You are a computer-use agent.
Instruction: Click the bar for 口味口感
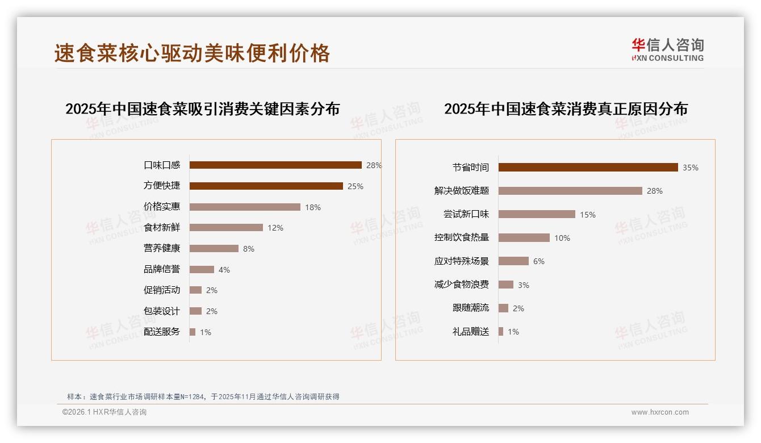tap(275, 165)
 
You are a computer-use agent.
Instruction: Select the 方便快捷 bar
tap(266, 186)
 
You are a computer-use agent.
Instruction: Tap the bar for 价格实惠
tap(245, 207)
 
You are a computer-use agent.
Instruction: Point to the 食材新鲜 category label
tap(162, 228)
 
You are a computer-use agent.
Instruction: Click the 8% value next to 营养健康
tap(249, 249)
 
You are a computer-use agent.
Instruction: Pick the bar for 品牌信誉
tap(202, 270)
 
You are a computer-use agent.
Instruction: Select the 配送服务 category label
tap(162, 332)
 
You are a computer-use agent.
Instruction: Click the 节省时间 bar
tap(588, 168)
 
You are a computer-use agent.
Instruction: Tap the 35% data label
tap(691, 168)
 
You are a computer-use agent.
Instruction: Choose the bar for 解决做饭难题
tap(570, 191)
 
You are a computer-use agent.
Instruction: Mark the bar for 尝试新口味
tap(537, 214)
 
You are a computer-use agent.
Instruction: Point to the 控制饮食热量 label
tap(462, 238)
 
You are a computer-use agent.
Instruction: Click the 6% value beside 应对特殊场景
tap(539, 261)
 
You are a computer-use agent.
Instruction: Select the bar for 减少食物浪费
tap(506, 285)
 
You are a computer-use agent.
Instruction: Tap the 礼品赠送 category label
tap(471, 332)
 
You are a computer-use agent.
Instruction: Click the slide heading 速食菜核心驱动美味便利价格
tap(192, 53)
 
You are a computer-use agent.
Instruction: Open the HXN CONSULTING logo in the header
tap(667, 50)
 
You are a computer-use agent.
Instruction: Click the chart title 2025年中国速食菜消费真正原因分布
tap(566, 109)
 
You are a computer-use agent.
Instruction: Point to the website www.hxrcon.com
tap(660, 412)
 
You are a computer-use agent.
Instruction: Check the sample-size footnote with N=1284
tap(203, 396)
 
